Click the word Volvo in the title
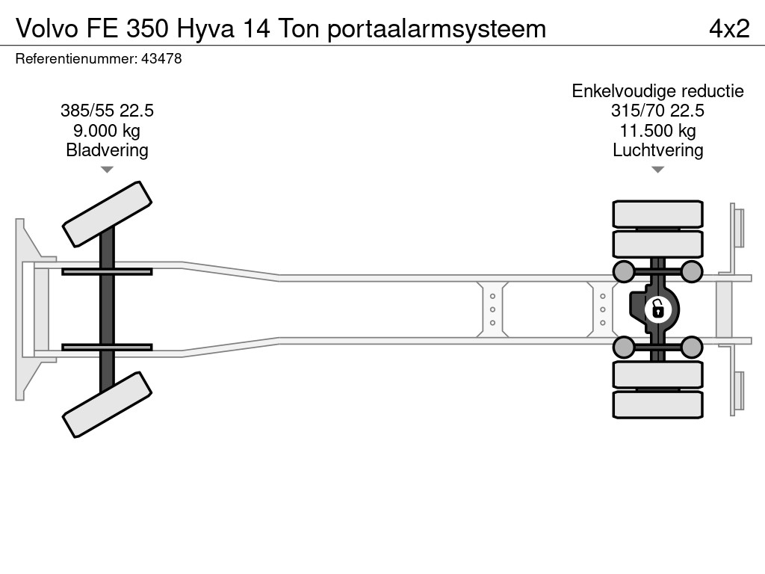click(x=47, y=28)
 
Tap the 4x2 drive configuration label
click(x=729, y=28)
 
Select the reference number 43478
click(x=161, y=58)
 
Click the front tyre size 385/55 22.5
click(x=107, y=111)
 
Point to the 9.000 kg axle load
click(x=107, y=131)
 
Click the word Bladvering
click(x=107, y=150)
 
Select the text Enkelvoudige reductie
click(x=657, y=91)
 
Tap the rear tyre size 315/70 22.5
click(x=657, y=111)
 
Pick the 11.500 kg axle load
click(x=657, y=131)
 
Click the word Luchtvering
click(x=657, y=150)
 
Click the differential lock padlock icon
click(x=657, y=309)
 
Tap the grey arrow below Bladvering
click(x=107, y=170)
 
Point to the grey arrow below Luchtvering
click(x=657, y=170)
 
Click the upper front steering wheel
click(x=108, y=215)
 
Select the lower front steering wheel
click(x=108, y=404)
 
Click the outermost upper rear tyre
click(x=657, y=214)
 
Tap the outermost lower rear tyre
click(x=657, y=404)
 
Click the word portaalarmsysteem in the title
click(x=436, y=29)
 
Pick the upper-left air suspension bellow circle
click(x=624, y=271)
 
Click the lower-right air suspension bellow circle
click(x=691, y=348)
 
